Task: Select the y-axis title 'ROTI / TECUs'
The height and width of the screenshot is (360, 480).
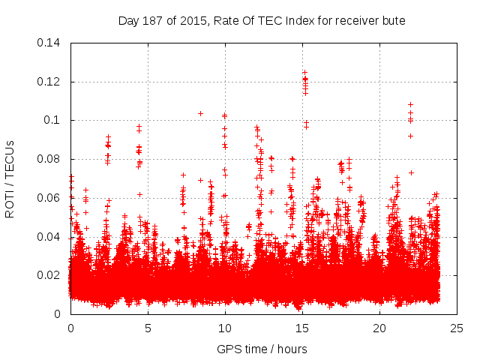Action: tap(10, 178)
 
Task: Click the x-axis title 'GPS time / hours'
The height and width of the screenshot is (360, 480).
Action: tap(262, 349)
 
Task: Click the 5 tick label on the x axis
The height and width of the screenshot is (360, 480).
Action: tap(148, 328)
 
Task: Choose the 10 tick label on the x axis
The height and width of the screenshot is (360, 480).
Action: tap(225, 328)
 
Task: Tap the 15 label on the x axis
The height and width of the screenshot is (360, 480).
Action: tap(302, 328)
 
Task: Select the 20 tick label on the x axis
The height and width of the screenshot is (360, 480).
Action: tap(379, 328)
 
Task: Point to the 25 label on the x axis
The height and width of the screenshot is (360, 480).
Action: tap(457, 328)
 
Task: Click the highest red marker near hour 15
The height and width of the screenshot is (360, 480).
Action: tap(304, 73)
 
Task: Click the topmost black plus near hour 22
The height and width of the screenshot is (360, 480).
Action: tap(410, 105)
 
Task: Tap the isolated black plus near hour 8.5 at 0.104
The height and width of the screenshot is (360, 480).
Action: tap(200, 113)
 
